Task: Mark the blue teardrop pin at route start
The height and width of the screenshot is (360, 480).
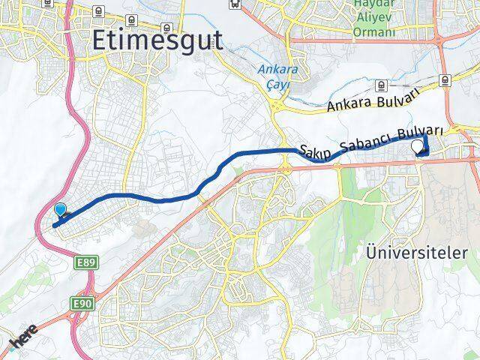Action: click(61, 211)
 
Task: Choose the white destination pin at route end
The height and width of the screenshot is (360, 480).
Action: click(418, 148)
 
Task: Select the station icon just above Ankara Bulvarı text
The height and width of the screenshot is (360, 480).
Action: click(445, 79)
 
